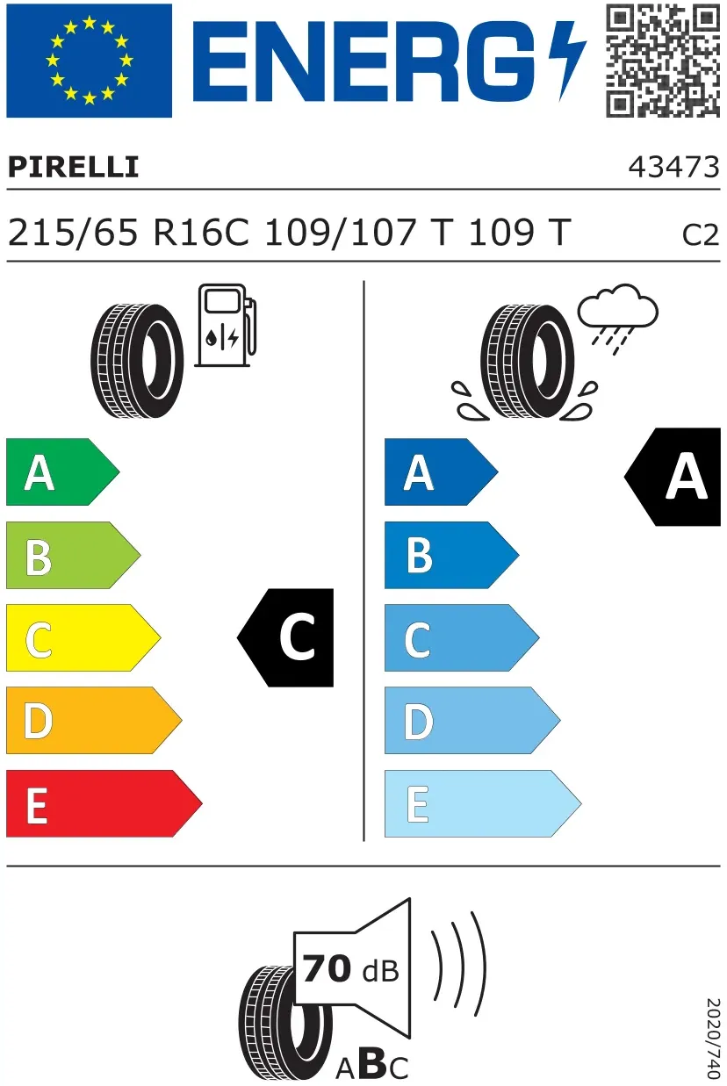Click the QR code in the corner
663,61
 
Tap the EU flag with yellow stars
90,61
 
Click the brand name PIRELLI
73,168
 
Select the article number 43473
673,168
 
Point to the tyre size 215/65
73,233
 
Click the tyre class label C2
701,235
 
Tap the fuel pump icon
226,326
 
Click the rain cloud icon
617,318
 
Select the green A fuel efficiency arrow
62,471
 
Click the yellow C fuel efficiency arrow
83,637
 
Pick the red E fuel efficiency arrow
104,803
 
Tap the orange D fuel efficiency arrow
94,720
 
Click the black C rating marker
286,637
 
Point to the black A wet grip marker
673,477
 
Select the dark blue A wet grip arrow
441,471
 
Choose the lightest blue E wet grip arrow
483,803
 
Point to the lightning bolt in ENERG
566,61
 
